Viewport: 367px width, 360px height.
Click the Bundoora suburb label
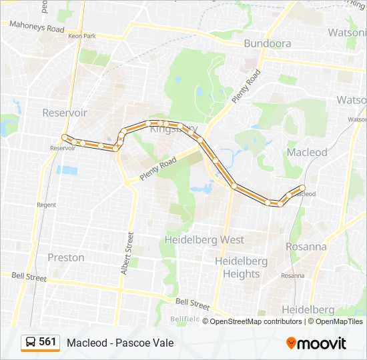point(268,43)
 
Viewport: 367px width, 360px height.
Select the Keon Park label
point(82,36)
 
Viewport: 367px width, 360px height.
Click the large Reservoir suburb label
point(65,113)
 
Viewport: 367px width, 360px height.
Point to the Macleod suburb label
point(307,152)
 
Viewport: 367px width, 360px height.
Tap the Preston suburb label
point(66,257)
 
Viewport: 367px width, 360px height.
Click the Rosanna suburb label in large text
point(306,246)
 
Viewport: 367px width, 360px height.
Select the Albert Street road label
point(127,253)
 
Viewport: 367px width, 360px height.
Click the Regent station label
point(47,205)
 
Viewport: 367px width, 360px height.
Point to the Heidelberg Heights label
point(241,267)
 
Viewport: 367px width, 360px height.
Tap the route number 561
point(47,342)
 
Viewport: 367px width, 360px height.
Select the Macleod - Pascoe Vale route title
point(120,343)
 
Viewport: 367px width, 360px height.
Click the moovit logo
point(316,343)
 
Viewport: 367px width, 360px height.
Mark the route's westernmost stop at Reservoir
point(65,137)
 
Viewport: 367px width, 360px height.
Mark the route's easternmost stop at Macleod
point(302,188)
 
